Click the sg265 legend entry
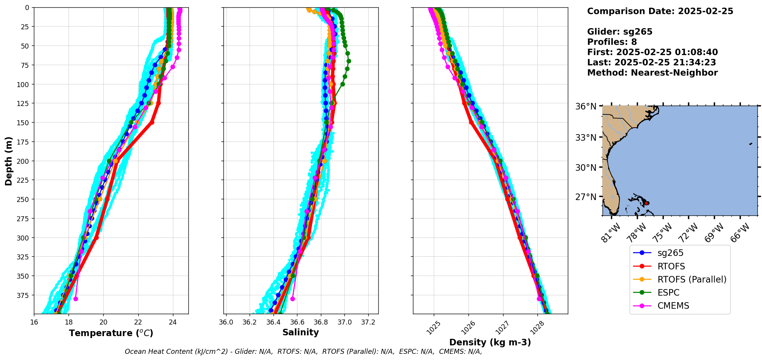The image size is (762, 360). coord(670,253)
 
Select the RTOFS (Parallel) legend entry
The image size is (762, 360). coord(692,279)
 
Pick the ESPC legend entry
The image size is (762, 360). coord(668,293)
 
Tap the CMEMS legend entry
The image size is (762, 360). coord(673,306)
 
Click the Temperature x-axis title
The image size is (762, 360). coord(111,333)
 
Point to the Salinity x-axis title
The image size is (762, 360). coord(300,332)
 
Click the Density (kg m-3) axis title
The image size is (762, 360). coord(490,342)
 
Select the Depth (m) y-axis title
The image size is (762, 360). coord(8,161)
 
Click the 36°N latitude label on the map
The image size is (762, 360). coord(586,106)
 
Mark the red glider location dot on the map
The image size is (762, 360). coord(647,203)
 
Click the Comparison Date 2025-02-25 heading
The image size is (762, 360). coord(660,11)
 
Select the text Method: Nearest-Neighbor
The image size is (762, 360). coord(652,73)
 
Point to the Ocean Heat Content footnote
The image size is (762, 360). coord(303,352)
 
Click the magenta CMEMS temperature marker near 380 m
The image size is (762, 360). coord(76,299)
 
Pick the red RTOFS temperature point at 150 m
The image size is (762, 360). coord(152,123)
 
